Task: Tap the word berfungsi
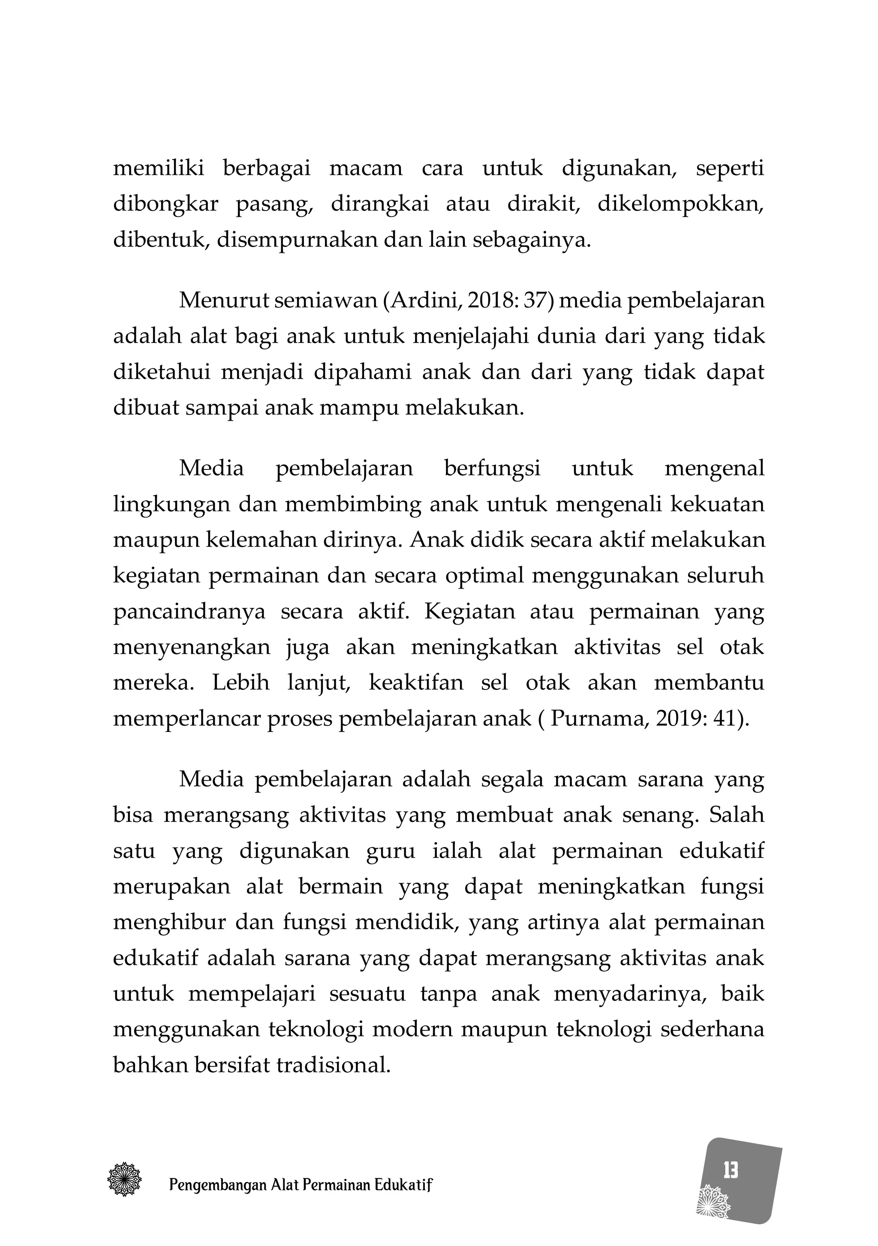click(492, 468)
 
